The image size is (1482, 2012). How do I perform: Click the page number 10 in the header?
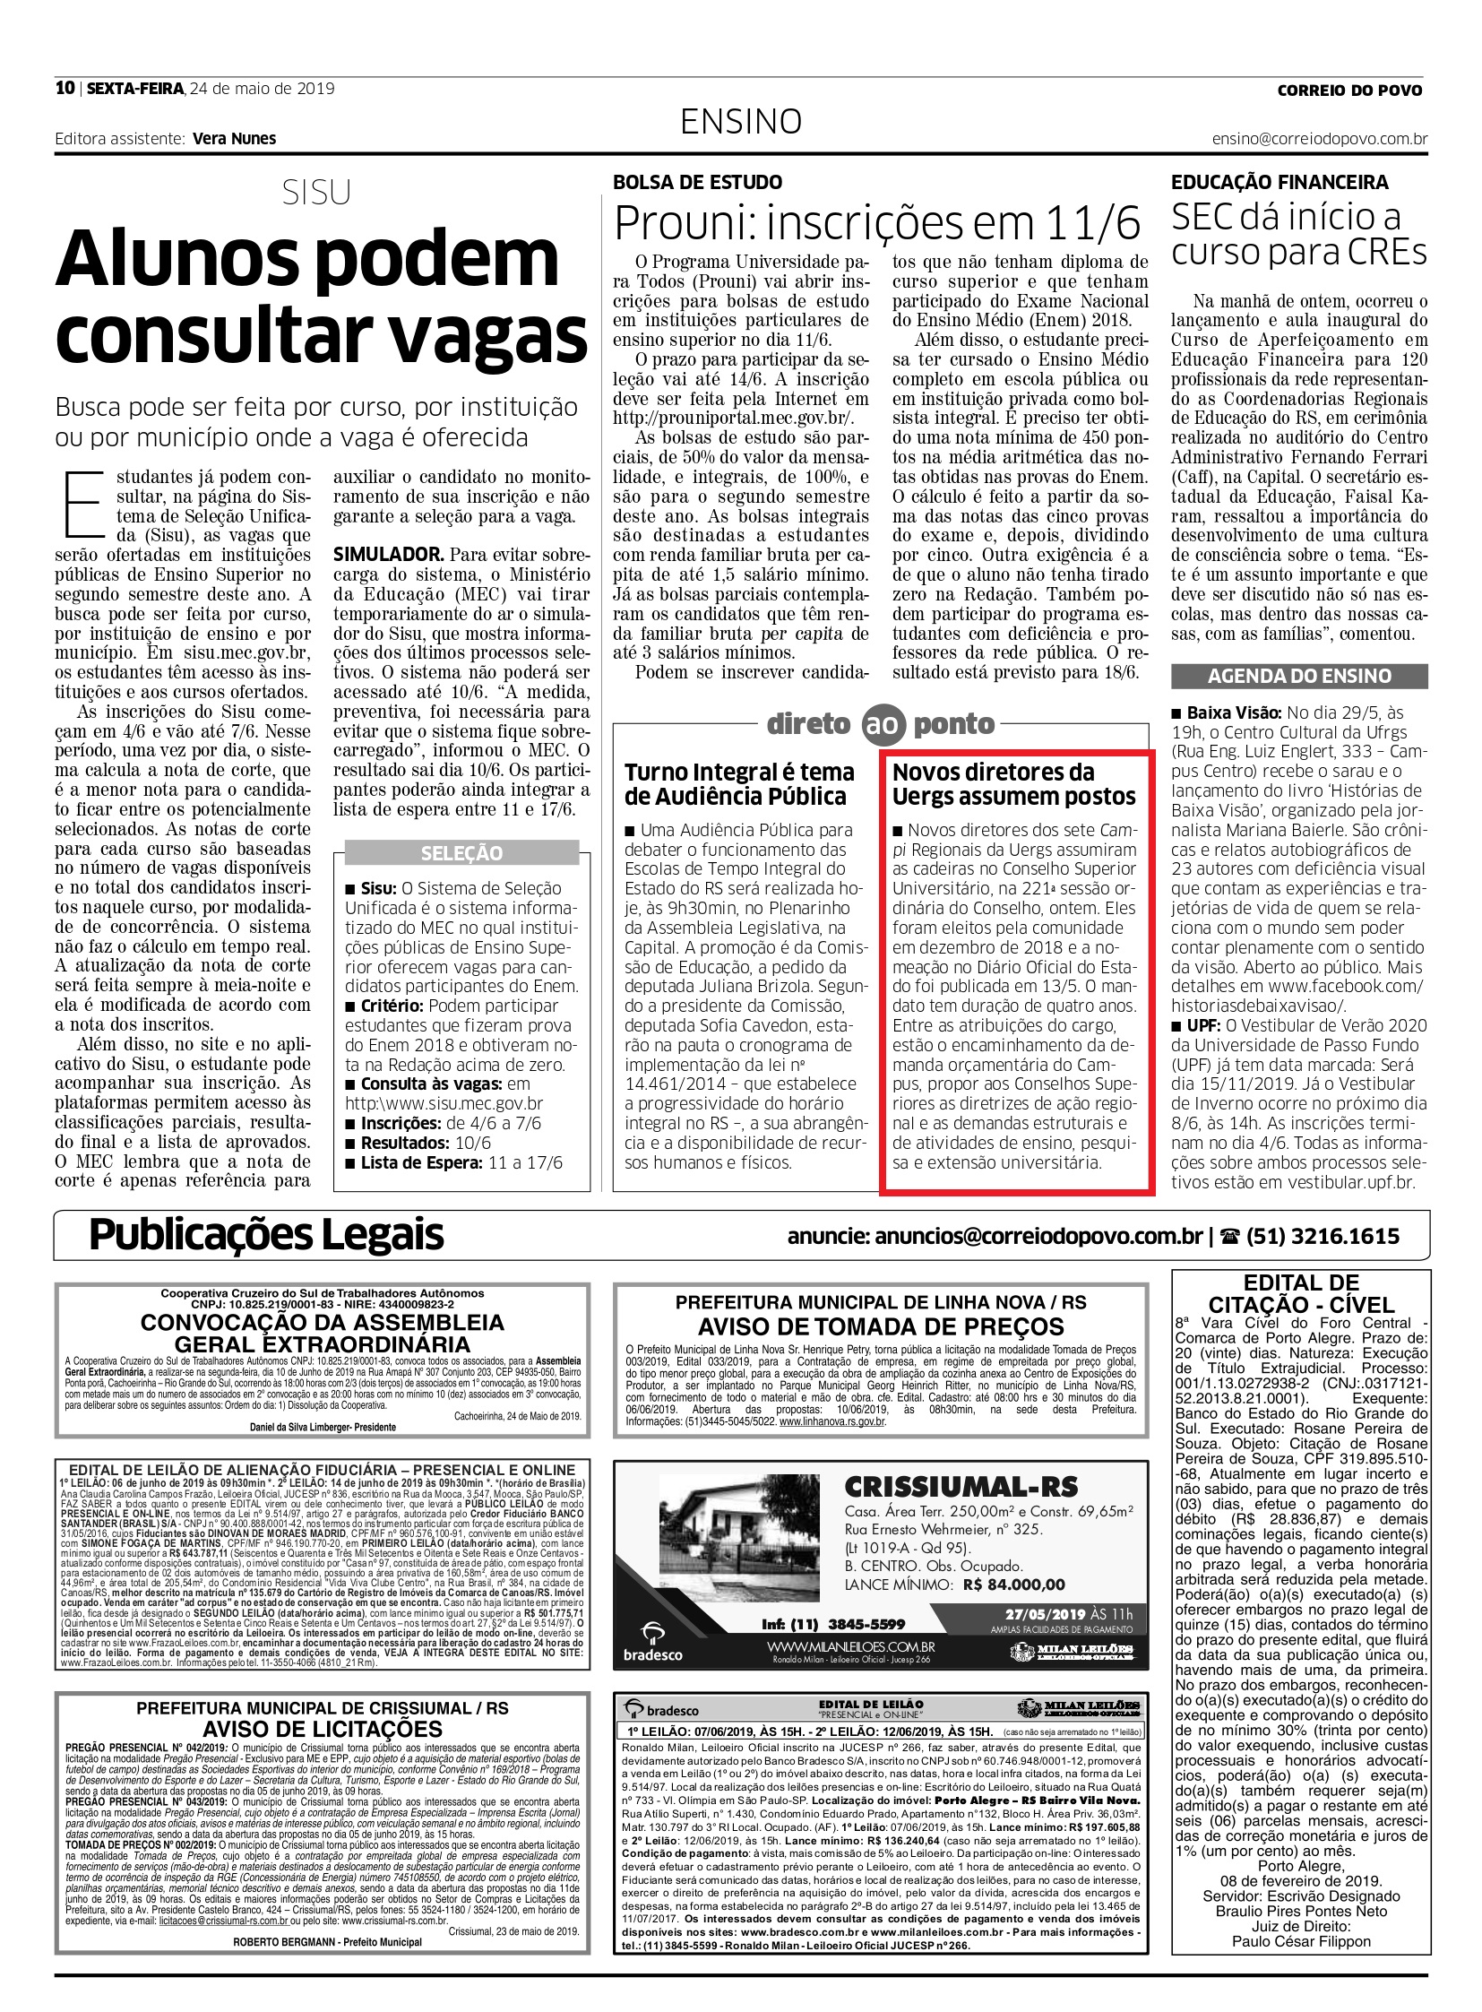coord(65,88)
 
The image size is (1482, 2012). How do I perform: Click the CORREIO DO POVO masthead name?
coord(1350,90)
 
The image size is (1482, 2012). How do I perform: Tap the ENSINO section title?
coord(740,121)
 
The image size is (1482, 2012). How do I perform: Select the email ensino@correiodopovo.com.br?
coord(1320,139)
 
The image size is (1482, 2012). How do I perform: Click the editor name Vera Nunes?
coord(234,138)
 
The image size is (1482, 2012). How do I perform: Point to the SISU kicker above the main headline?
coord(315,193)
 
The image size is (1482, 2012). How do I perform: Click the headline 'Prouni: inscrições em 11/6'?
coord(877,221)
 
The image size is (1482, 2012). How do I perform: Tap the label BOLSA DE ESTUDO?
coord(697,182)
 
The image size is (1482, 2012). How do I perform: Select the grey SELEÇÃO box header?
coord(462,853)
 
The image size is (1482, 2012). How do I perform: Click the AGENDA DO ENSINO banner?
coord(1299,676)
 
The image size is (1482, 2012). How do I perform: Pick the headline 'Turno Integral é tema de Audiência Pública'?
coord(739,784)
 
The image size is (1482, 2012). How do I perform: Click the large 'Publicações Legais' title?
coord(266,1235)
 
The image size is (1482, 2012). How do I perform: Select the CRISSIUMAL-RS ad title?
coord(961,1487)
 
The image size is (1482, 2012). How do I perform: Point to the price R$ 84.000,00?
coord(1013,1585)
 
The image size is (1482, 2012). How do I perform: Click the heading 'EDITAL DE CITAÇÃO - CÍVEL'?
coord(1301,1293)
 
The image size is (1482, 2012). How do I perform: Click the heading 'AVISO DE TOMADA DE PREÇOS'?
coord(880,1326)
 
